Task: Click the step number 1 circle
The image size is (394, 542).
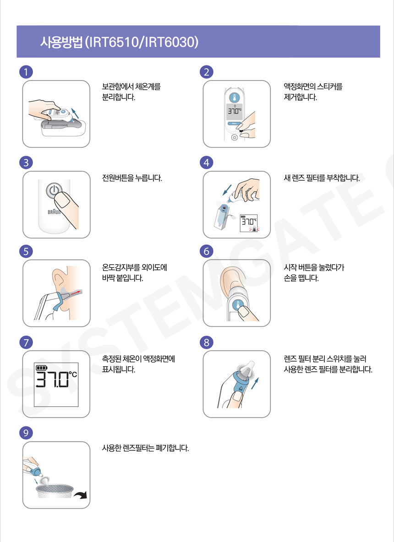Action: coord(26,72)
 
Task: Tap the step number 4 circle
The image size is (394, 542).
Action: coord(207,163)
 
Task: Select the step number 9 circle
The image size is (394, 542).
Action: coord(26,433)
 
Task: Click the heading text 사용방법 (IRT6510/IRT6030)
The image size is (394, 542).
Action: coord(119,42)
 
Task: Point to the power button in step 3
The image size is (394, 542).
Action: coord(54,190)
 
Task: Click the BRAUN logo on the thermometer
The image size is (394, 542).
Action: coord(54,211)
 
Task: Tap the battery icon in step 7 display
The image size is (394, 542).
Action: coord(42,368)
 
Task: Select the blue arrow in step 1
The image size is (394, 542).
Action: coord(74,113)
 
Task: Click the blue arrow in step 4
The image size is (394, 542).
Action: coord(227,190)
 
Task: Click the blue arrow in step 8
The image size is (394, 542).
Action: coord(255,383)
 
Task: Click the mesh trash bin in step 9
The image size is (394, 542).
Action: coord(55,490)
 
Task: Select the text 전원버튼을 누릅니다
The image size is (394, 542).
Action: coord(132,179)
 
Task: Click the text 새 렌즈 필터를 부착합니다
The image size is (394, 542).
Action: coord(322,179)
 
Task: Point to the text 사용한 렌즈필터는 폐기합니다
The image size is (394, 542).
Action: coord(145,448)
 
